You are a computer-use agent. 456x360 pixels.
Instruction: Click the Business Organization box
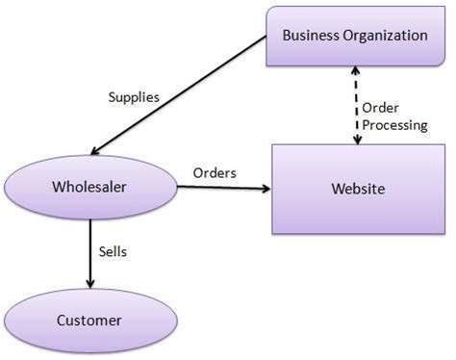pos(354,36)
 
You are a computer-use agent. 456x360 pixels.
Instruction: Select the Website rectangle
pos(357,189)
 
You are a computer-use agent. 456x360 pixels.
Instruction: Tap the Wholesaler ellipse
pos(90,187)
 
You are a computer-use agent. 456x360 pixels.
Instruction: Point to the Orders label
pos(215,172)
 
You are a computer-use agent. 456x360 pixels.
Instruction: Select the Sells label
pos(113,251)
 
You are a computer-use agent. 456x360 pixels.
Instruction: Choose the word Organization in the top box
pos(385,36)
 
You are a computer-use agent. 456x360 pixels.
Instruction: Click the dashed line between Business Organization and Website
pos(358,104)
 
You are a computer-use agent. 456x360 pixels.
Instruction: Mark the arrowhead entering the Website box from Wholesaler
pos(266,188)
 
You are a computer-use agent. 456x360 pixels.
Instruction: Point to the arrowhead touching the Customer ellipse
pos(90,283)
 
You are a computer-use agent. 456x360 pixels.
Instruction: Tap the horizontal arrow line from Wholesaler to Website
pos(221,188)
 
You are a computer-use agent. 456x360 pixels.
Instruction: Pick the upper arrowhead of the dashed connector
pos(358,71)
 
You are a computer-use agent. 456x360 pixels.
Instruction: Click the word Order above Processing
pos(382,107)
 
